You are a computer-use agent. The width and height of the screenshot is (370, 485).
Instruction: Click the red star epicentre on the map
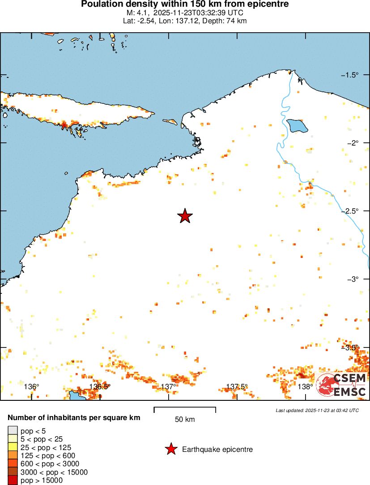pyautogui.click(x=185, y=216)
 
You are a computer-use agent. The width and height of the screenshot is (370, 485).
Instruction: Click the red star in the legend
pyautogui.click(x=170, y=449)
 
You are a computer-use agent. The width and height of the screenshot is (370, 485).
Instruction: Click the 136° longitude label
pyautogui.click(x=31, y=386)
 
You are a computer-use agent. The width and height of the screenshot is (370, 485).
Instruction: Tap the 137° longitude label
pyautogui.click(x=168, y=386)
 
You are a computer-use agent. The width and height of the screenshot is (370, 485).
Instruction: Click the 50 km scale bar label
pyautogui.click(x=185, y=420)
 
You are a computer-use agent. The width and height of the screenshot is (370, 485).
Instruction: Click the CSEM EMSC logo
pyautogui.click(x=342, y=385)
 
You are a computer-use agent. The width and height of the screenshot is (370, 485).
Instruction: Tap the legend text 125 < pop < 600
pyautogui.click(x=46, y=455)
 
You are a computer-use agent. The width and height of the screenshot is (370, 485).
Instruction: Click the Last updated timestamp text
pyautogui.click(x=317, y=410)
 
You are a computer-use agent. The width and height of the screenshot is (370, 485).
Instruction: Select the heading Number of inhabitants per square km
pyautogui.click(x=74, y=417)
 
